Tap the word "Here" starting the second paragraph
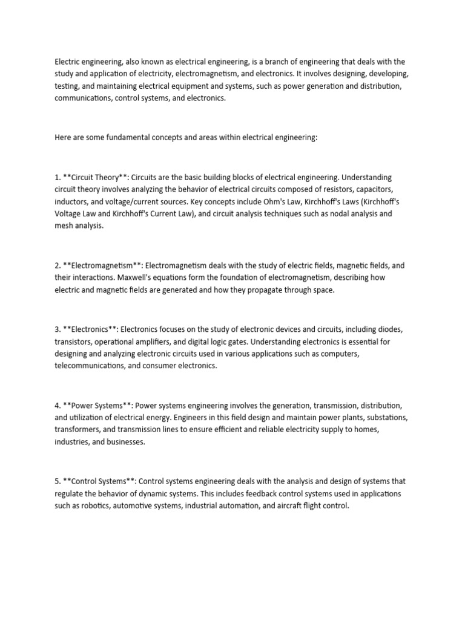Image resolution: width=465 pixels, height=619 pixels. (x=63, y=137)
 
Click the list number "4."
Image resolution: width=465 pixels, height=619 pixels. (x=58, y=405)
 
